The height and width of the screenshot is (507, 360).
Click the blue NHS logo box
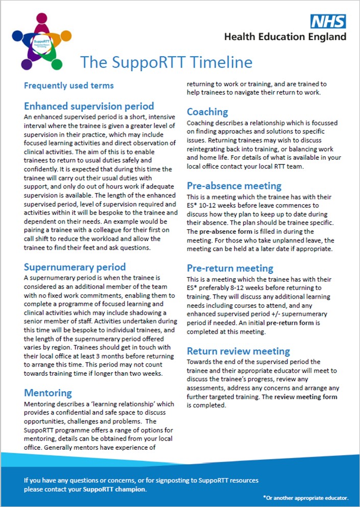329,22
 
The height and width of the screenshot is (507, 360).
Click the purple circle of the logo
27,64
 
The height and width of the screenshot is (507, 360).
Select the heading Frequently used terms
69,85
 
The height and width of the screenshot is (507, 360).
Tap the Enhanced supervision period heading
89,106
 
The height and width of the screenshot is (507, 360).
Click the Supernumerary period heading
75,267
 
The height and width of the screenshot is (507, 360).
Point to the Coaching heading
207,111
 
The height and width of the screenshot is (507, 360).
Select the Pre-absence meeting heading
234,185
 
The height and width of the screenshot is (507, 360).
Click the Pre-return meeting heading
230,268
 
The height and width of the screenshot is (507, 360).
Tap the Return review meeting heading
238,351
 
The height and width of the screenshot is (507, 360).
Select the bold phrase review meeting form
299,397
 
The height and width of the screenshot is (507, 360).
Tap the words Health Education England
285,36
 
